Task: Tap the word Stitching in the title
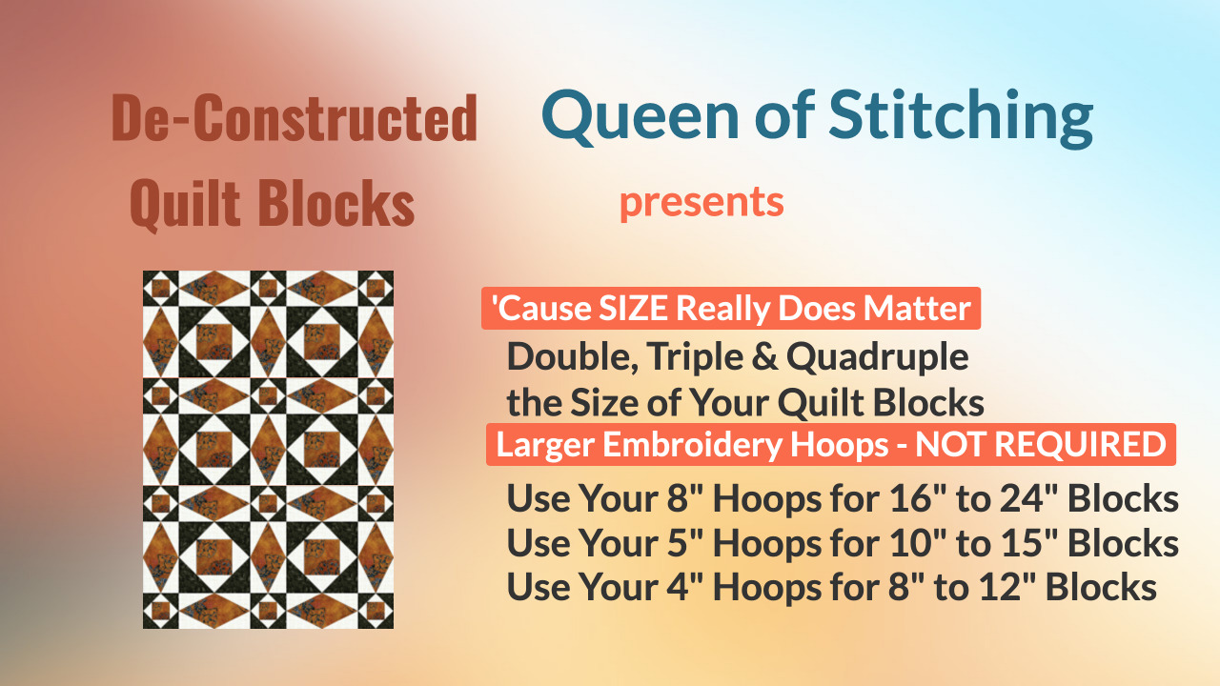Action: click(961, 118)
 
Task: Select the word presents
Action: click(701, 203)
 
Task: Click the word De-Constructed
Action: click(295, 117)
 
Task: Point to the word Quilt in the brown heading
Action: click(185, 204)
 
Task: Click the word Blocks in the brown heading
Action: click(336, 203)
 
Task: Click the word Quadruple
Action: click(878, 358)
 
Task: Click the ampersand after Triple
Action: click(764, 357)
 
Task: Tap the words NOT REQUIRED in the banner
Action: click(1040, 445)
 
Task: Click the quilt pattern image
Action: click(268, 450)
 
